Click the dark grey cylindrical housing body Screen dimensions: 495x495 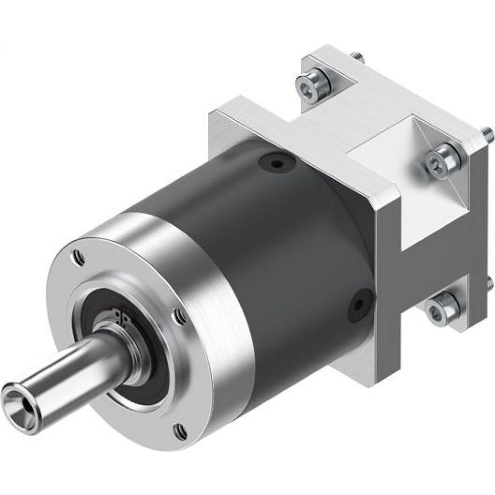click(x=277, y=247)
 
